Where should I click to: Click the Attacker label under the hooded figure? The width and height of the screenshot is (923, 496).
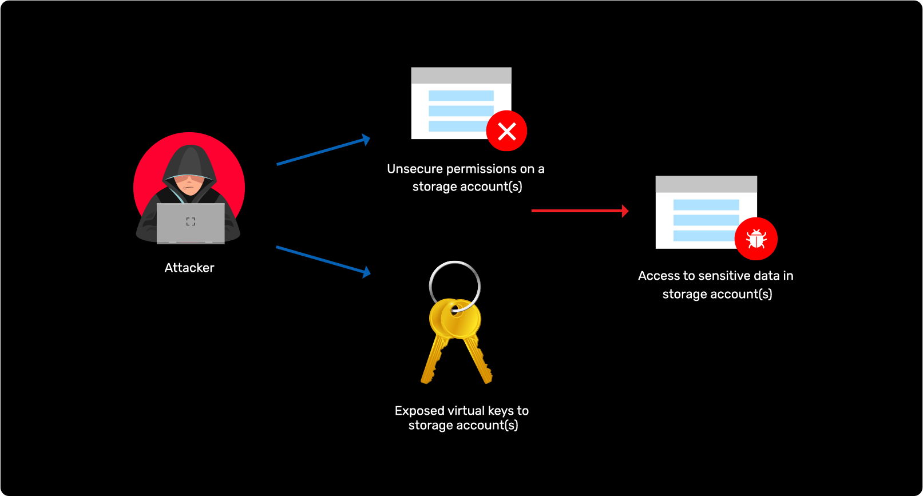click(189, 268)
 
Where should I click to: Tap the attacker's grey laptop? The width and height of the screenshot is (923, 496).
click(191, 223)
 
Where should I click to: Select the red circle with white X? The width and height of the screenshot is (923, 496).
click(506, 131)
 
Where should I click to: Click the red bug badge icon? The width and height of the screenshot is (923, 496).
click(756, 239)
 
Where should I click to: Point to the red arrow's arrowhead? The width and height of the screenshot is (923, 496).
click(625, 211)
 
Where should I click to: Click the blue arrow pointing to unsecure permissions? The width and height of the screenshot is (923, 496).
click(323, 152)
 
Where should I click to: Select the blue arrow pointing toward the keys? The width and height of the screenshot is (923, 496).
click(323, 260)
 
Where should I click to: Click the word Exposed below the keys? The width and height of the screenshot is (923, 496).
click(419, 411)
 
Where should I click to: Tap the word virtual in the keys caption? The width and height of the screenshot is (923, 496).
click(466, 411)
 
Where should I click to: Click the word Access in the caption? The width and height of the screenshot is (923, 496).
click(659, 276)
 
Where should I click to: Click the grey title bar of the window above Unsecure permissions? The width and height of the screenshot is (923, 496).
click(461, 76)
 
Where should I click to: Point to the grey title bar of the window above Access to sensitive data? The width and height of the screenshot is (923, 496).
click(706, 184)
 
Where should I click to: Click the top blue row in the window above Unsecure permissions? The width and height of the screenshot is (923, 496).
click(461, 96)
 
